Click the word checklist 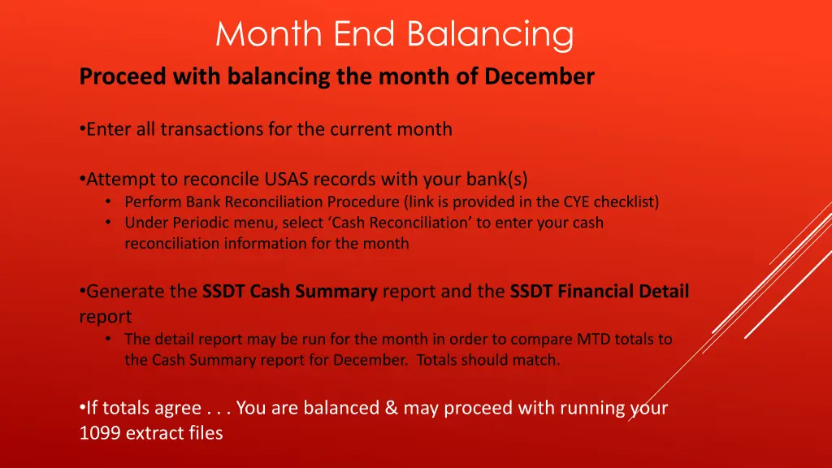pos(629,201)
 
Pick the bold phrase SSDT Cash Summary pos(289,291)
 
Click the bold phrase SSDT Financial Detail pos(599,291)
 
